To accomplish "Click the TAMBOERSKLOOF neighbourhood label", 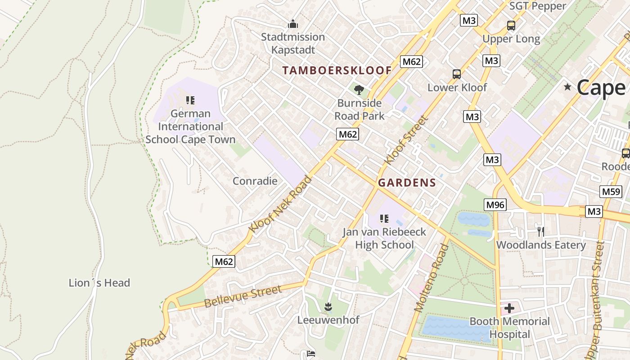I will (337, 70).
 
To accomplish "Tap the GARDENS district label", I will (407, 182).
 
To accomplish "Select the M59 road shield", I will (611, 192).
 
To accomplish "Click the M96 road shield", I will (495, 205).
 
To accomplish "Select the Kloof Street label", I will (405, 140).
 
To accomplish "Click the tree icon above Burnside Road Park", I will (359, 90).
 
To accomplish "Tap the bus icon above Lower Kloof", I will (457, 74).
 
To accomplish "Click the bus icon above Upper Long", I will (511, 26).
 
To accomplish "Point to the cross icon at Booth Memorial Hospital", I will (509, 308).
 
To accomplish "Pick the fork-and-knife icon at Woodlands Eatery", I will (541, 231).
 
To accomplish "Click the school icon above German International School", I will (190, 100).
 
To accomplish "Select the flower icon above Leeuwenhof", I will (328, 307).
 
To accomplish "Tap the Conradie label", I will (255, 181).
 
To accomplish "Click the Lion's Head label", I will (99, 283).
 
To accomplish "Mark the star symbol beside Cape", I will (567, 87).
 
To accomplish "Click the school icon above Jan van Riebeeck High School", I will (384, 219).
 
